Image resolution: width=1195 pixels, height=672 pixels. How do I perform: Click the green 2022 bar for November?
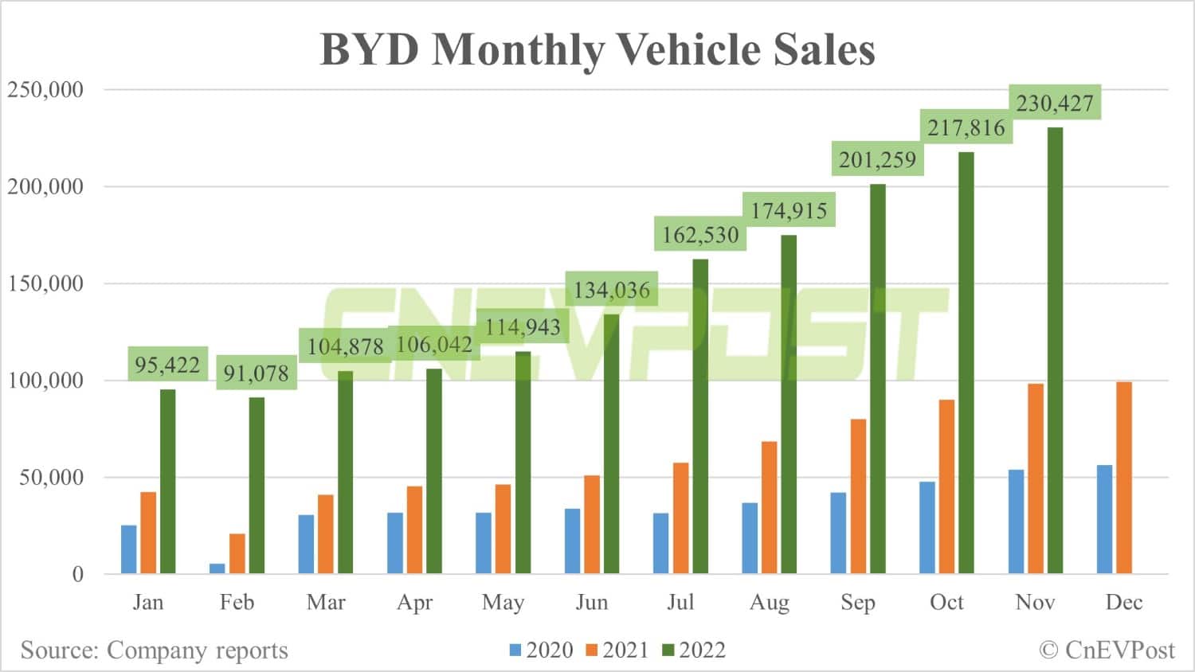pos(1054,350)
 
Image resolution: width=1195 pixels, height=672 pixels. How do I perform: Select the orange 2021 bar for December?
pos(1123,478)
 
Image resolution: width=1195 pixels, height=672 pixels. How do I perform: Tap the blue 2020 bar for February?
pos(217,568)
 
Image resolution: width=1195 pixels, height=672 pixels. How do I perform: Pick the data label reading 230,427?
pos(1055,103)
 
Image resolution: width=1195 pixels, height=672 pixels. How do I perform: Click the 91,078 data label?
pos(256,373)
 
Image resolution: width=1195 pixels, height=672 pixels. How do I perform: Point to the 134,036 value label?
pos(612,290)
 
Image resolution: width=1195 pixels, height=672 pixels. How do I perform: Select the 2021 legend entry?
pos(617,651)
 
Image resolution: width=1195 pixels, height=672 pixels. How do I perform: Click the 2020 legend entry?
pos(541,651)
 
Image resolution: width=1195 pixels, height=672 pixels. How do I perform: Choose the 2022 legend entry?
pos(693,651)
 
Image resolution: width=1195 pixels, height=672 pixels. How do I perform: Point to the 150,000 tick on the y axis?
pos(45,283)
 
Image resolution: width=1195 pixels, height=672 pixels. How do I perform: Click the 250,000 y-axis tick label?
pos(45,89)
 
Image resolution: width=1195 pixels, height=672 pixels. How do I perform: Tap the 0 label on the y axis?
pos(77,574)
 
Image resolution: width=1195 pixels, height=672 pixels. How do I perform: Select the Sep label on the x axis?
pos(858,602)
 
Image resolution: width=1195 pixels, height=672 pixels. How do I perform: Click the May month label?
pos(503,602)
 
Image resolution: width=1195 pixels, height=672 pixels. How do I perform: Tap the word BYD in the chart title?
pos(369,49)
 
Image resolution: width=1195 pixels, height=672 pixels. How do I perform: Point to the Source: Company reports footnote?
pos(154,651)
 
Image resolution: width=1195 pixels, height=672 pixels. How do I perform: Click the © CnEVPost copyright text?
pos(1107,651)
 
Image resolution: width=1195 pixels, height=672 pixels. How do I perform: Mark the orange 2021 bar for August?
pos(769,507)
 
